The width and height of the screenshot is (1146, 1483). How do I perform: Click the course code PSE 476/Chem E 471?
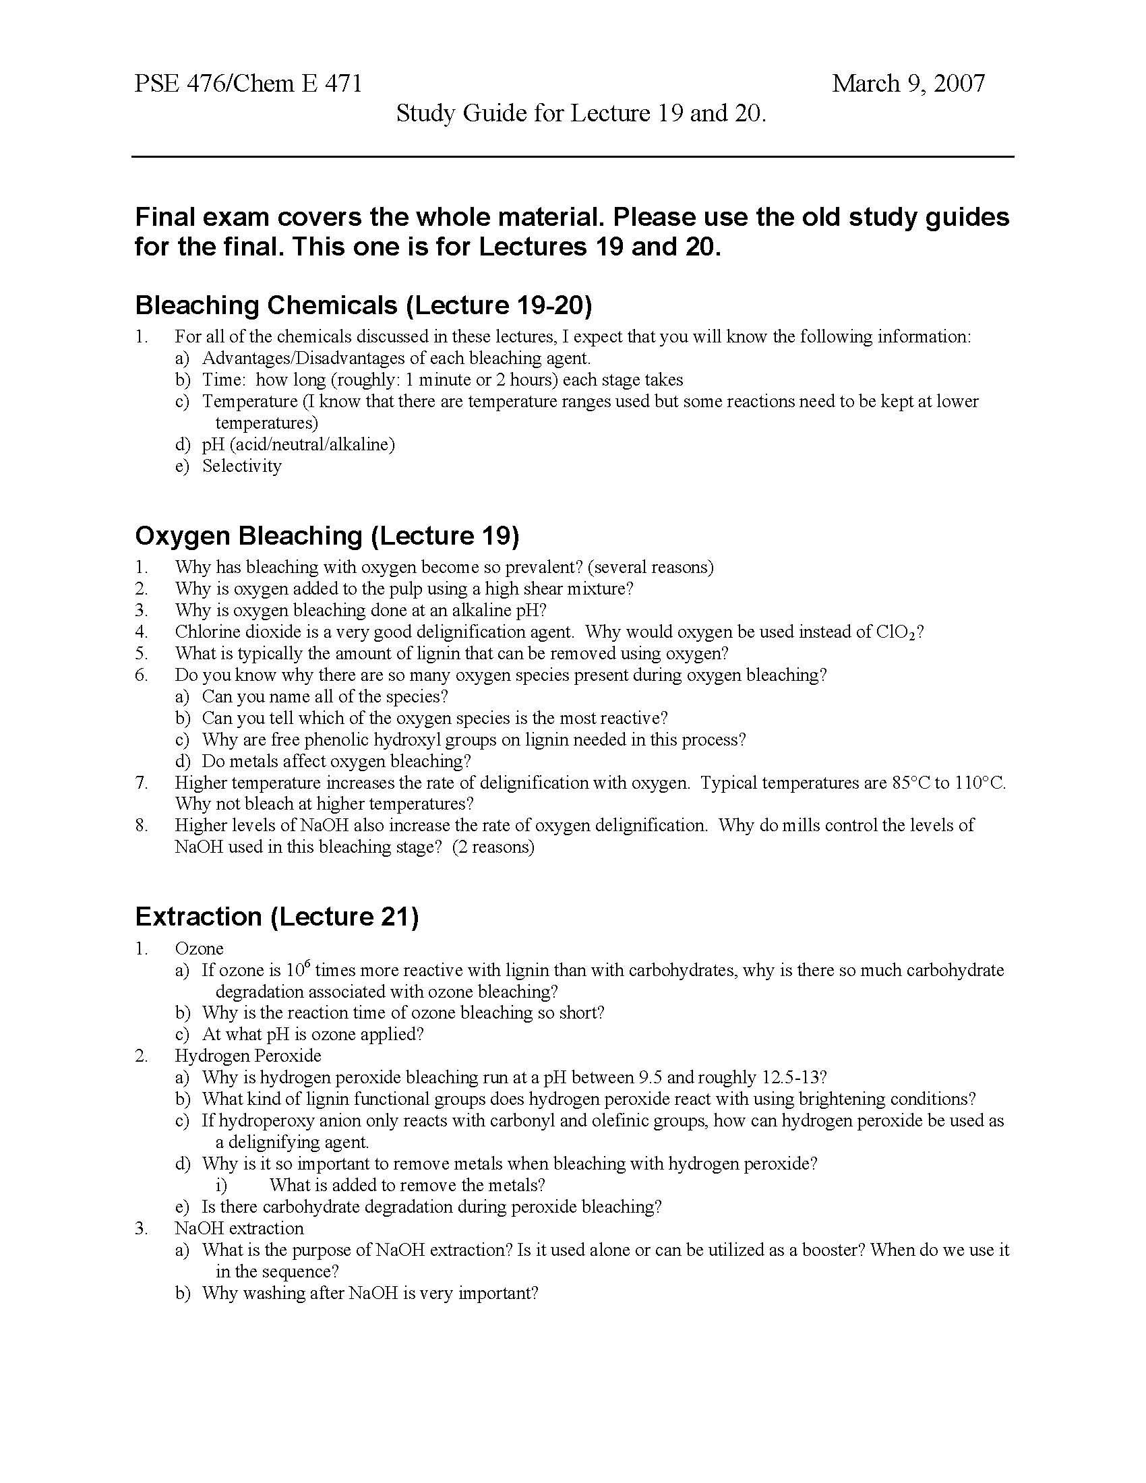(x=248, y=84)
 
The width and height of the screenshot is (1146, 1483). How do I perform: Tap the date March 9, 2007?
(x=909, y=84)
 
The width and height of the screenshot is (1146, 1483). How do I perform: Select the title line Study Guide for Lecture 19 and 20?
(x=581, y=113)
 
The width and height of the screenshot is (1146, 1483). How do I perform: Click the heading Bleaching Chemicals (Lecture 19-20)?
(x=363, y=305)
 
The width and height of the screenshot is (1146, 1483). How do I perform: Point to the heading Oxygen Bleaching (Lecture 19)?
(x=326, y=536)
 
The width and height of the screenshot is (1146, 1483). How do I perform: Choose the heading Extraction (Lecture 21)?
(x=277, y=917)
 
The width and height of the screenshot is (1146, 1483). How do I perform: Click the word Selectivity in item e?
(x=242, y=466)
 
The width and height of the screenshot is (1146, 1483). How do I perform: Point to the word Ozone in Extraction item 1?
(x=199, y=948)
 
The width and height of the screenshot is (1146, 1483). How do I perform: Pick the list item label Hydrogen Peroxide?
(x=248, y=1056)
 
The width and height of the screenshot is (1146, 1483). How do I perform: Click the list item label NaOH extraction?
(x=239, y=1228)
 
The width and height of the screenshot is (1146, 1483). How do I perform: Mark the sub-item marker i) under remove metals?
(x=220, y=1185)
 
